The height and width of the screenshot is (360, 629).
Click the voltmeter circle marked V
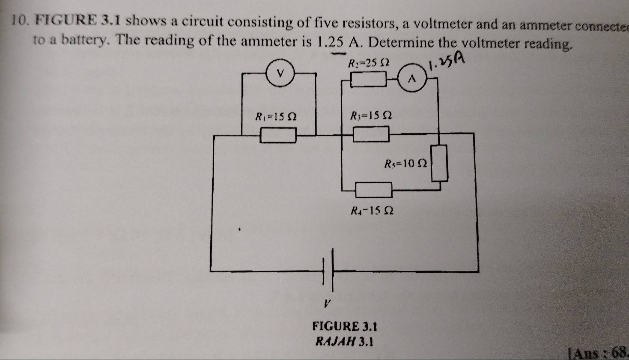click(x=281, y=73)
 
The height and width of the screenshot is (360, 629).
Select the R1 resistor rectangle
click(x=279, y=136)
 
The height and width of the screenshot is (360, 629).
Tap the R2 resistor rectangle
click(x=369, y=79)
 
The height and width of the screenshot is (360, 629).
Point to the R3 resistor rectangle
click(x=371, y=134)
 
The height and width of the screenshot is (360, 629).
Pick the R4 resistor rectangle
click(x=374, y=189)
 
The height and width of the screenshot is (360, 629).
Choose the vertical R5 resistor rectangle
click(x=439, y=163)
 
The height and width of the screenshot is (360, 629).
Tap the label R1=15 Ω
click(x=276, y=116)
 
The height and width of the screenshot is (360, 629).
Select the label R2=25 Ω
click(x=368, y=63)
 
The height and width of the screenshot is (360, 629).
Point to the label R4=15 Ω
click(x=372, y=211)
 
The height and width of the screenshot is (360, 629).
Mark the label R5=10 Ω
click(x=405, y=163)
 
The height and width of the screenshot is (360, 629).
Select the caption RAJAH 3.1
click(x=344, y=342)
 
